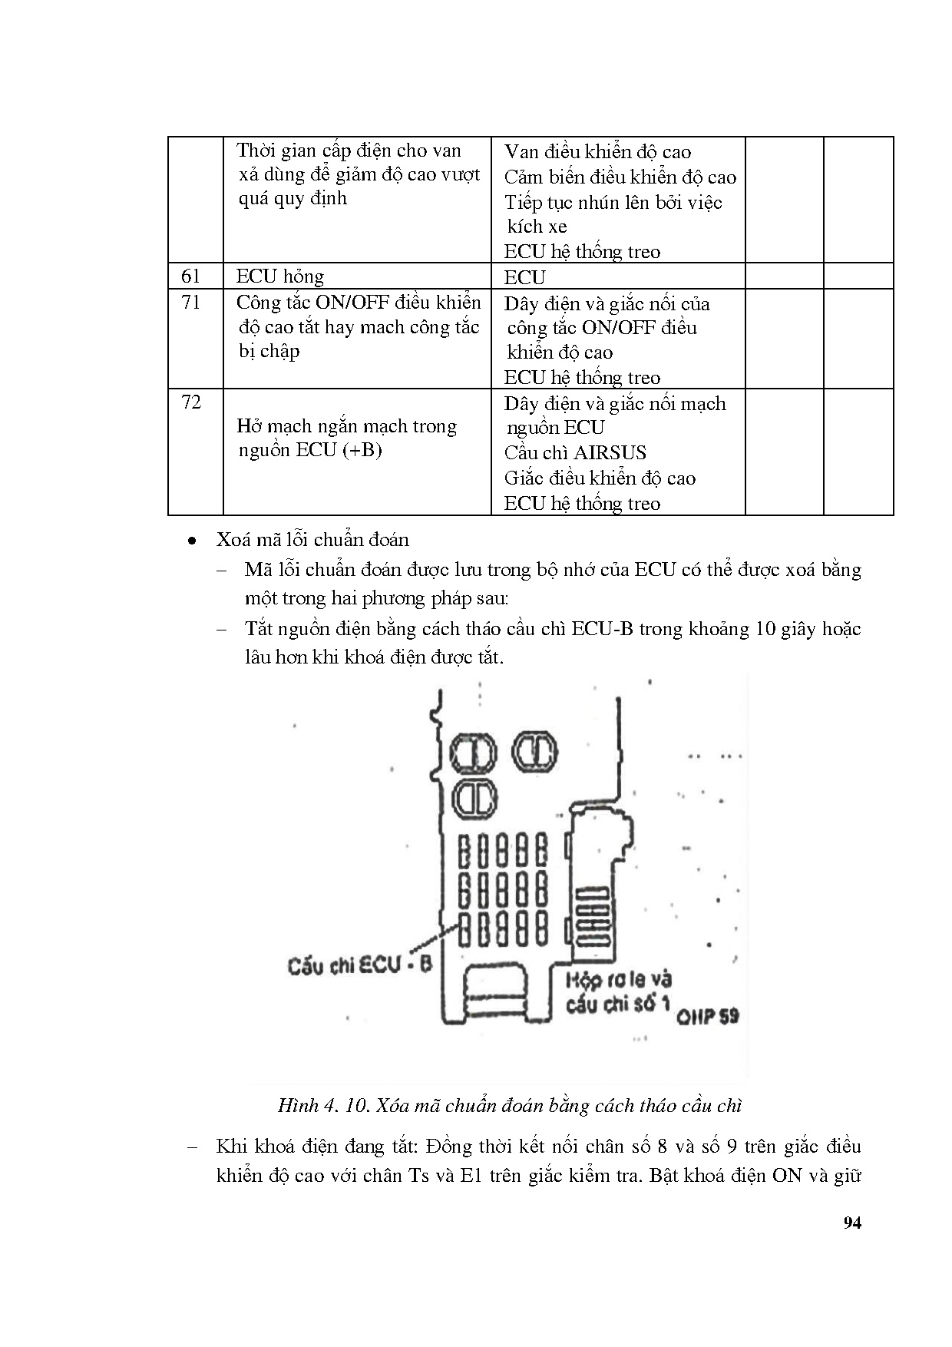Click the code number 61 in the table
[x=190, y=276]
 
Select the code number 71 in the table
[x=190, y=303]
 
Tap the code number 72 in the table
[x=190, y=402]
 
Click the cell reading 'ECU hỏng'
[x=280, y=276]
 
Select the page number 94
[x=851, y=1223]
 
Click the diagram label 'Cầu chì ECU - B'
[x=359, y=965]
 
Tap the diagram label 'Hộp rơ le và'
[x=618, y=979]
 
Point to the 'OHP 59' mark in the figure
[x=707, y=1016]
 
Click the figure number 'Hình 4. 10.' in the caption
[x=322, y=1106]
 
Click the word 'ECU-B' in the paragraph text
[x=602, y=629]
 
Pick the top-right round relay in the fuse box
[x=535, y=751]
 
